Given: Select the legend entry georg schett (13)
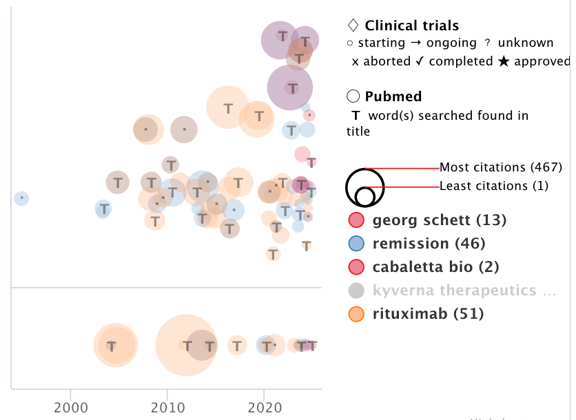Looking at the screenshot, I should [440, 220].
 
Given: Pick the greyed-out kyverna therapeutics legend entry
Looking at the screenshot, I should [464, 290].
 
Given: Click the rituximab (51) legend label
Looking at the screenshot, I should [428, 314].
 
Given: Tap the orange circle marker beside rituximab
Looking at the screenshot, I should [356, 314].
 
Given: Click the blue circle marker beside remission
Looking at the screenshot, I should [356, 243].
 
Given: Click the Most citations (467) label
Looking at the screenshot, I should [501, 167].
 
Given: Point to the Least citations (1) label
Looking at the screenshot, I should [494, 185].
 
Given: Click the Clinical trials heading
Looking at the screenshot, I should [411, 26].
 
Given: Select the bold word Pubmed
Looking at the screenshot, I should [393, 96].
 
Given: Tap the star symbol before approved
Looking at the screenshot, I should [504, 61].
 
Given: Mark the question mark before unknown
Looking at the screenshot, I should [487, 43].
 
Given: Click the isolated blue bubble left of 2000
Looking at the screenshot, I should [22, 198].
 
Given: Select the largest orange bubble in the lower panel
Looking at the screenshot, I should [185, 345].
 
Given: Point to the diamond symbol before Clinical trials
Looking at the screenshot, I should [353, 26].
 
